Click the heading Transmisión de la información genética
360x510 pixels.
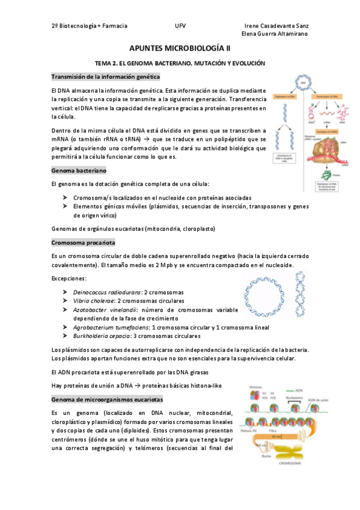(105, 77)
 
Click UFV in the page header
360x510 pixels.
(180, 26)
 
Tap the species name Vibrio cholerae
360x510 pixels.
(93, 301)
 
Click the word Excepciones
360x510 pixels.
(69, 278)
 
